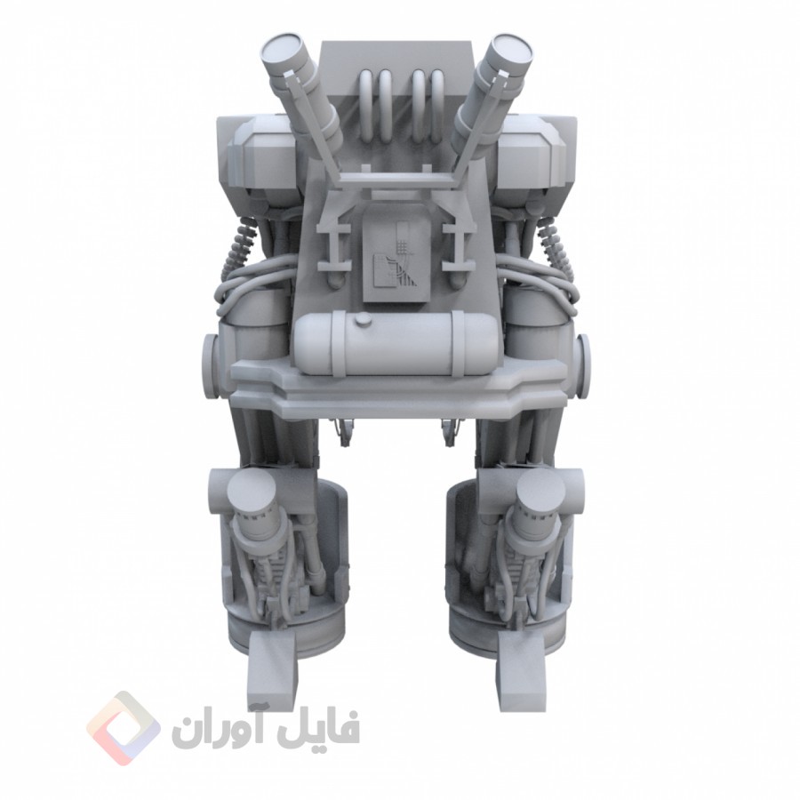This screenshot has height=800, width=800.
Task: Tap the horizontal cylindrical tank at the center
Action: (396, 344)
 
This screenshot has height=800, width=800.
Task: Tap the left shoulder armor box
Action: (258, 158)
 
